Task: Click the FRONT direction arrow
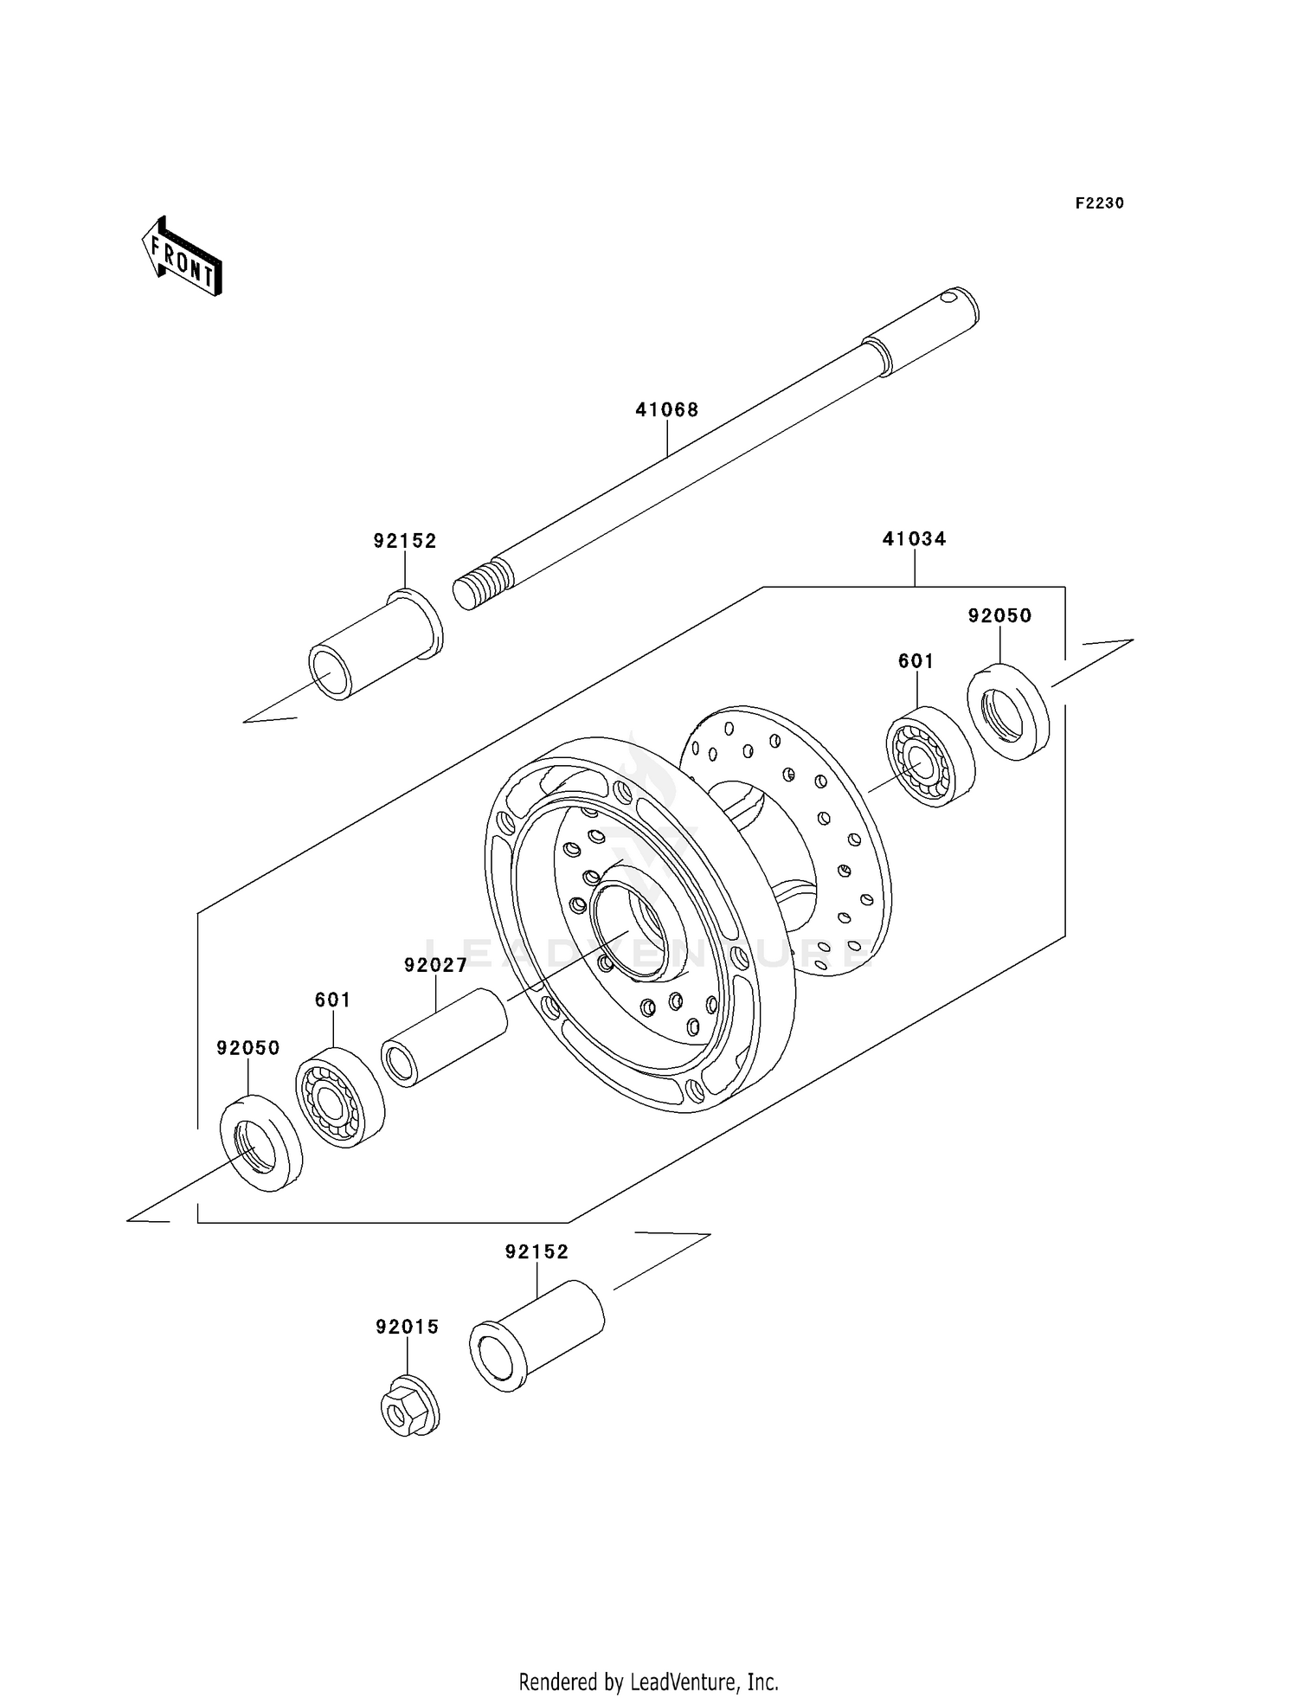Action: click(183, 257)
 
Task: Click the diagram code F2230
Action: click(1099, 203)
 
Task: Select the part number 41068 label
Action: click(666, 409)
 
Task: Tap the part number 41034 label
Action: click(914, 539)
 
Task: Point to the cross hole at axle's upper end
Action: click(950, 299)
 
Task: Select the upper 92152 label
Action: click(404, 541)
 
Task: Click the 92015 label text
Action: click(407, 1327)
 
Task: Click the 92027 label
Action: click(435, 965)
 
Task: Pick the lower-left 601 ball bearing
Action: click(339, 1097)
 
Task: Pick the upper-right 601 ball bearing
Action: click(930, 756)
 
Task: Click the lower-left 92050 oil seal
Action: click(260, 1142)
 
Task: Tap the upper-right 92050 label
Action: click(999, 616)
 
